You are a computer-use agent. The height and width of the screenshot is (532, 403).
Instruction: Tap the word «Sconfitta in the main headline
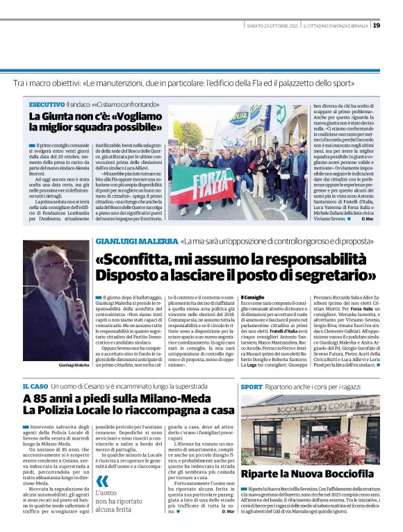134,258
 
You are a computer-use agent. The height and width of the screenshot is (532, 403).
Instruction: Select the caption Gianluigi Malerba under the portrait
56,365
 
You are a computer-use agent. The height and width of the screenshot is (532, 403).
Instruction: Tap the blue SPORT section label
252,385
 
